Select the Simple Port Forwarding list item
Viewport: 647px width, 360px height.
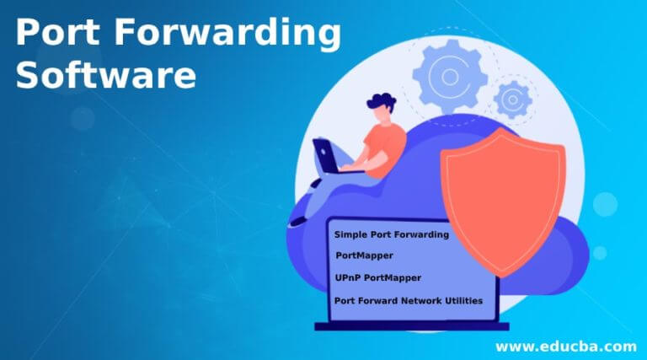[x=392, y=234]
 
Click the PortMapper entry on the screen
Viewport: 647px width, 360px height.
[x=364, y=255]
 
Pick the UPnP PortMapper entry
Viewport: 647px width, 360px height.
[x=378, y=277]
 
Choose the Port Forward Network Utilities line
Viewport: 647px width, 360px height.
[x=409, y=299]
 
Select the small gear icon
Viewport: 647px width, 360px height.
[x=512, y=99]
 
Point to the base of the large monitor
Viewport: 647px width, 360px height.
[x=412, y=325]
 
